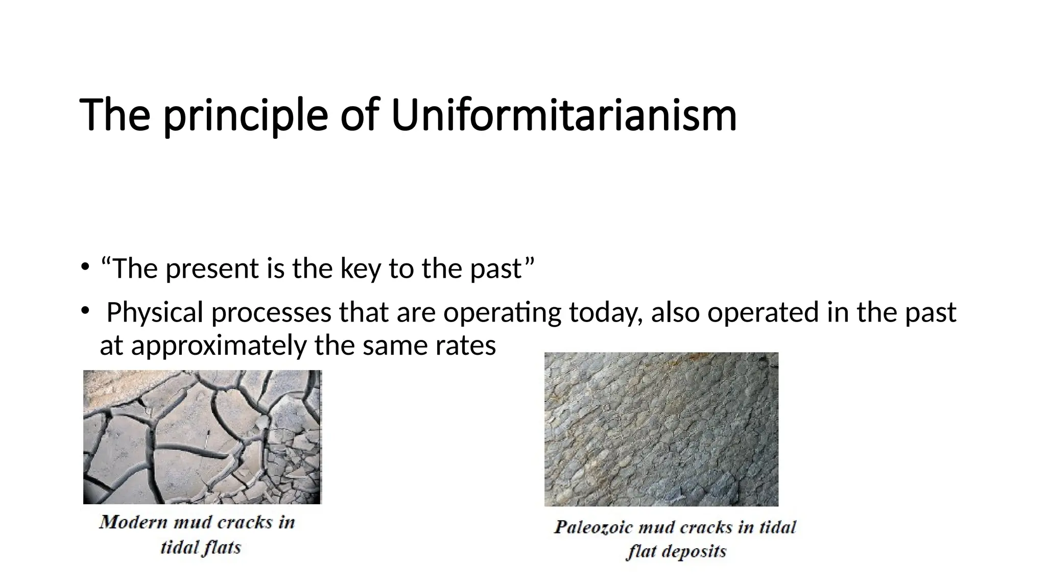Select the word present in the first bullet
[212, 269]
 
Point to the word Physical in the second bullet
[155, 312]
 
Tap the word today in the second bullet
[606, 312]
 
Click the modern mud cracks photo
[202, 437]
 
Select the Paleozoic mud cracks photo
[661, 429]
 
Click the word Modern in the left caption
[133, 522]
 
